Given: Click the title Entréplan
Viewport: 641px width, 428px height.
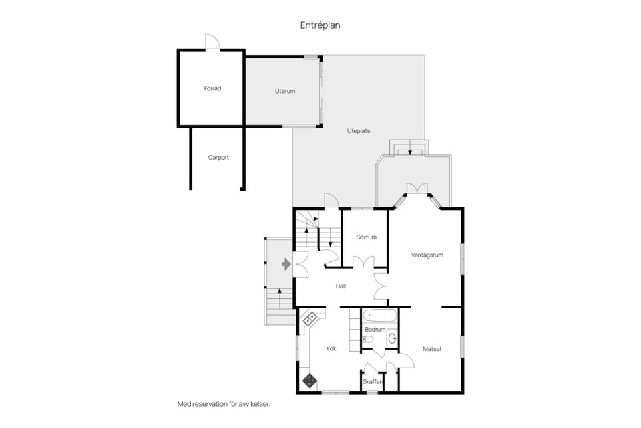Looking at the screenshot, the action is pyautogui.click(x=320, y=25).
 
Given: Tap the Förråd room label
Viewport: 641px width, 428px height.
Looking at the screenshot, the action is pyautogui.click(x=212, y=88).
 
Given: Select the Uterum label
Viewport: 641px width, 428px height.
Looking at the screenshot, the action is pyautogui.click(x=285, y=91).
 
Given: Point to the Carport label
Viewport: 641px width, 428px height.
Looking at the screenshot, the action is pyautogui.click(x=218, y=158).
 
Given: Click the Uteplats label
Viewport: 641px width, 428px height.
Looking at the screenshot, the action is pyautogui.click(x=359, y=131).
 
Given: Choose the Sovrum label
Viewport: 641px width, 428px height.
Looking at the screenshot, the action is pyautogui.click(x=367, y=237).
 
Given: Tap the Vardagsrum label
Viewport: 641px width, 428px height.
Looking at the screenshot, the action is pyautogui.click(x=427, y=255).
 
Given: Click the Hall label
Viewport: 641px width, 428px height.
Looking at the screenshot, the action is pyautogui.click(x=341, y=286).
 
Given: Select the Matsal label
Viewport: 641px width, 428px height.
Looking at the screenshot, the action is pyautogui.click(x=432, y=349).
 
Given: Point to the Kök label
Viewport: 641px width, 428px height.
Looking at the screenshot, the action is pyautogui.click(x=331, y=348).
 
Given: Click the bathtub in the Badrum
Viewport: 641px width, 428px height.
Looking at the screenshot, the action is pyautogui.click(x=380, y=316).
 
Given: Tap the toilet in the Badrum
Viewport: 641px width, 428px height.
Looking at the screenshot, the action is pyautogui.click(x=367, y=339).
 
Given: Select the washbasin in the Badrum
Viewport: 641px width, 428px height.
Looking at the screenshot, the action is pyautogui.click(x=392, y=338).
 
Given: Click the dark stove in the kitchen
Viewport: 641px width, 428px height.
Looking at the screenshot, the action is pyautogui.click(x=310, y=381).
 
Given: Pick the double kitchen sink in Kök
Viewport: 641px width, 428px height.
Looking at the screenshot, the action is pyautogui.click(x=309, y=318).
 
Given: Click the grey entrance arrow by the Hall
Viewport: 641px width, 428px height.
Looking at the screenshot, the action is pyautogui.click(x=286, y=264).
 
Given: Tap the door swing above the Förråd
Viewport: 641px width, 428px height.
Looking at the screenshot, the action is pyautogui.click(x=212, y=41).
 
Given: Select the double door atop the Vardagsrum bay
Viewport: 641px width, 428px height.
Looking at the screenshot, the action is pyautogui.click(x=417, y=189).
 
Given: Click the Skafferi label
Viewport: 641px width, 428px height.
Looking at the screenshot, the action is pyautogui.click(x=373, y=382).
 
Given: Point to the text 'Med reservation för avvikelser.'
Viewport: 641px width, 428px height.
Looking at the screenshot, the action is pyautogui.click(x=224, y=404).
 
